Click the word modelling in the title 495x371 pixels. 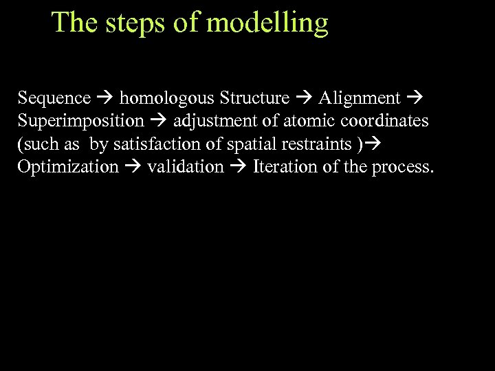[267, 23]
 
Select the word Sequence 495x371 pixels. [54, 98]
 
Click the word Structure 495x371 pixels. [254, 98]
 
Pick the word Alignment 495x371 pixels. [360, 98]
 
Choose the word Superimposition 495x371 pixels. [80, 122]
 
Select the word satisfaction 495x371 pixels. [164, 145]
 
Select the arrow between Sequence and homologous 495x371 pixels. [105, 99]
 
